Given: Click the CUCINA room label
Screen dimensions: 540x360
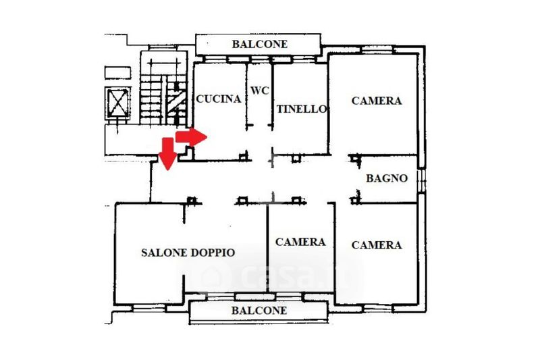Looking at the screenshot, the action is tap(218, 99).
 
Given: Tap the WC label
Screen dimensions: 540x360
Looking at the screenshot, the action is tap(260, 91).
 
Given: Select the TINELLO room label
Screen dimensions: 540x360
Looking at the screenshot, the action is tap(302, 109).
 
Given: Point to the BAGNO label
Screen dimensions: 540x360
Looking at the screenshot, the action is tap(387, 178).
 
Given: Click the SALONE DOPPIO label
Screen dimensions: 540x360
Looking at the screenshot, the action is tap(188, 253).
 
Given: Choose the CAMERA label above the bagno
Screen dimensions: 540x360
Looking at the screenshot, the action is tap(377, 101).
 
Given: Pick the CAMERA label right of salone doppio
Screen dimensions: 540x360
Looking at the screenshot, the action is tap(300, 242).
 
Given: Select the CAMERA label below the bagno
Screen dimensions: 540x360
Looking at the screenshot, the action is tap(377, 245).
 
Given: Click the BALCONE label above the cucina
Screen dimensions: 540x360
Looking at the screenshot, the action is tap(260, 44).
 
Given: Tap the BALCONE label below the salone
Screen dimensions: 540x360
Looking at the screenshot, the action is tap(259, 311).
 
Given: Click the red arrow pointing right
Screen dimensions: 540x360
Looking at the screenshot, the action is tap(191, 137).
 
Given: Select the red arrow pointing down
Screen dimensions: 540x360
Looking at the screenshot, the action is tap(167, 153).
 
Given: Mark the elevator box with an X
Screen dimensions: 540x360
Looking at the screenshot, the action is tap(117, 103).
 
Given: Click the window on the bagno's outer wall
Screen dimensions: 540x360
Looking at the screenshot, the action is tap(421, 180).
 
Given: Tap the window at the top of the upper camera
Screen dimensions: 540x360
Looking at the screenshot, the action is tap(377, 49).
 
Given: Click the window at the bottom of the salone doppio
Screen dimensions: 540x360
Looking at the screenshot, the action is tap(148, 308).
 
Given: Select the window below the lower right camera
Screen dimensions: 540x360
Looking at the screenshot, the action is tap(377, 308).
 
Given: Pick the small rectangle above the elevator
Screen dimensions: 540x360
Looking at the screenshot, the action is tap(117, 73).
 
